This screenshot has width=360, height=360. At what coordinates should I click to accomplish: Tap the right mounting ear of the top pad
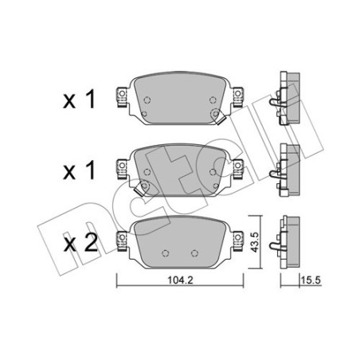pos(237,97)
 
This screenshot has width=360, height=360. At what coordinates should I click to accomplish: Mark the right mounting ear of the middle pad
pos(237,166)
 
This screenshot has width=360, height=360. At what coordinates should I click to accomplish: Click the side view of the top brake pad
pos(288,97)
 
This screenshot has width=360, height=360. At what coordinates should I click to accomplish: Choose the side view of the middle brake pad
pos(288,166)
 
